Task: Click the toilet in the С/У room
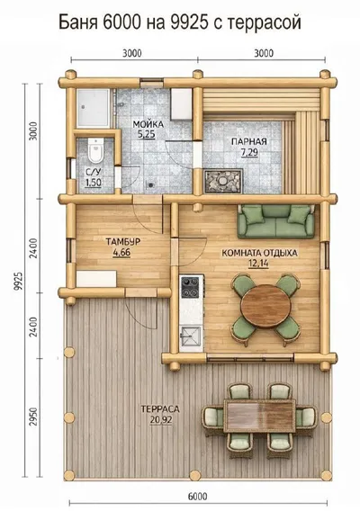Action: [x=96, y=150]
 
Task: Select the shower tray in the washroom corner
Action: [x=94, y=108]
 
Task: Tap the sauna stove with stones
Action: [x=223, y=181]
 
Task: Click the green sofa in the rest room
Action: [x=276, y=221]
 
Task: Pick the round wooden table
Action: [x=265, y=306]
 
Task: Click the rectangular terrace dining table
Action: [x=259, y=416]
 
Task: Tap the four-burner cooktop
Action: [x=190, y=287]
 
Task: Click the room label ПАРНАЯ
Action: [x=249, y=141]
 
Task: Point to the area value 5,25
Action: [x=147, y=134]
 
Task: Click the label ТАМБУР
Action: [x=123, y=241]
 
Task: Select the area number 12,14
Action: [x=258, y=263]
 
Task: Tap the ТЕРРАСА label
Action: [x=160, y=409]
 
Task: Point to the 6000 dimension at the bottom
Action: [x=198, y=497]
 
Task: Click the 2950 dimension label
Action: [x=33, y=416]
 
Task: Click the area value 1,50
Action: [x=94, y=183]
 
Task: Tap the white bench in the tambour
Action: [x=96, y=279]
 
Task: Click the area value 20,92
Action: [x=161, y=420]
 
